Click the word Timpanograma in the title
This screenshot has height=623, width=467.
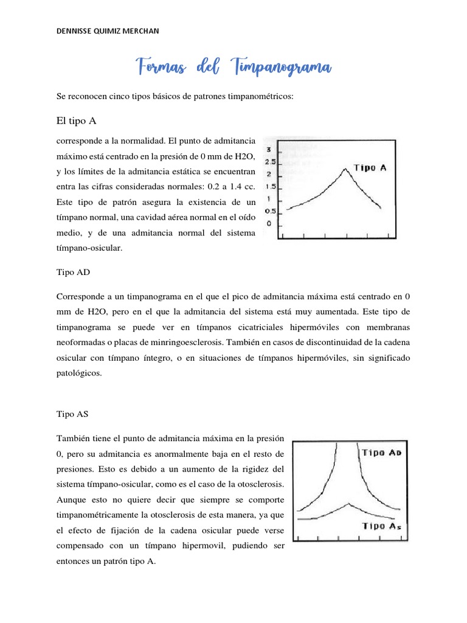[x=282, y=66]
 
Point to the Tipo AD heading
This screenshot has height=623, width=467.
[x=72, y=273]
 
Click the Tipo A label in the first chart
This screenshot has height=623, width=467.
[x=369, y=168]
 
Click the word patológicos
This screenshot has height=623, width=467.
[x=79, y=374]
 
